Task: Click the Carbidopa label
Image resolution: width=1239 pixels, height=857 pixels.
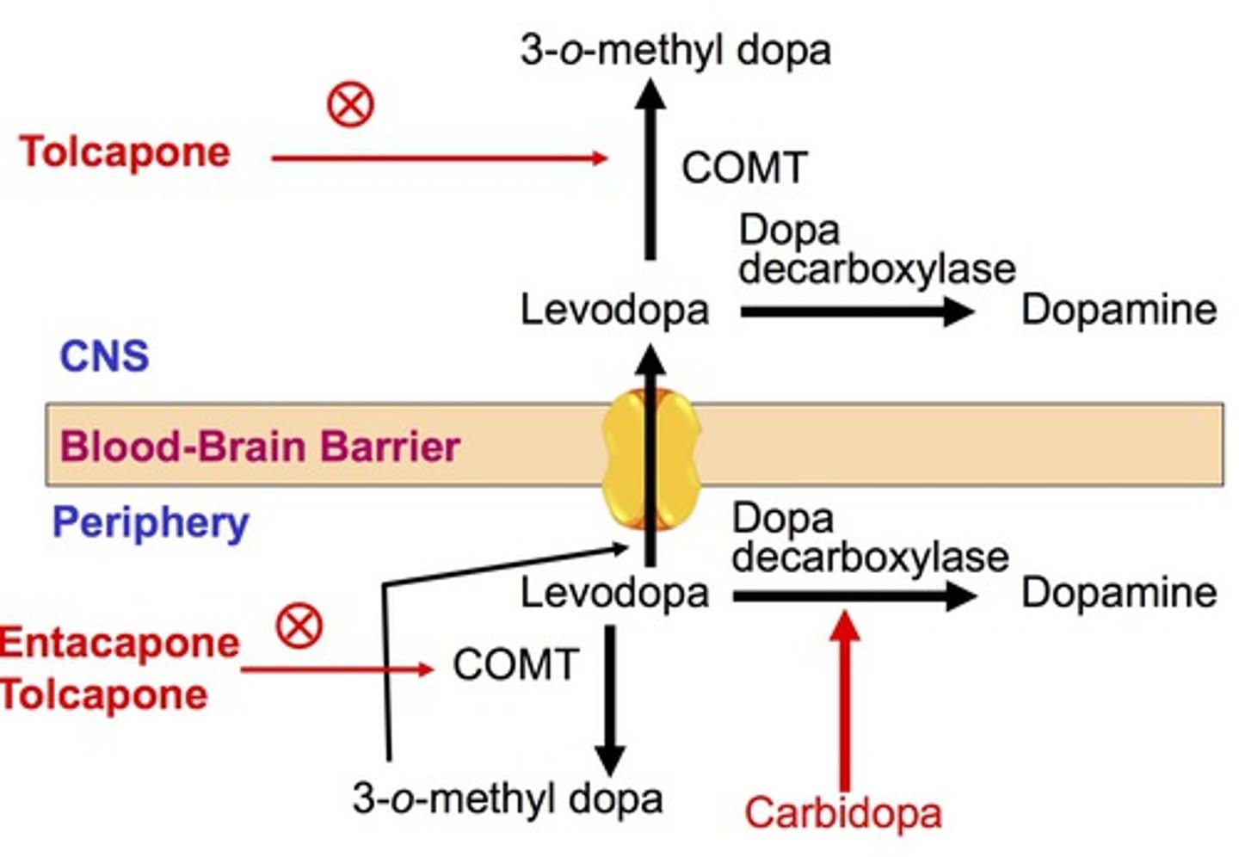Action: [842, 813]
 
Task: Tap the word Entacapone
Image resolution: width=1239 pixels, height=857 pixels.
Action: [119, 643]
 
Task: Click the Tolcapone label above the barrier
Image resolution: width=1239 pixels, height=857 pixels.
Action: [126, 152]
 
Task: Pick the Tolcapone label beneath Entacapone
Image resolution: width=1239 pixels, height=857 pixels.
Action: [103, 694]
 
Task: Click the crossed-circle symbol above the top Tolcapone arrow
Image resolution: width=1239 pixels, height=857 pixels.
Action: [350, 105]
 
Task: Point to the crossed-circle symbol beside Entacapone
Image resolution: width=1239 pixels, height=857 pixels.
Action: [299, 626]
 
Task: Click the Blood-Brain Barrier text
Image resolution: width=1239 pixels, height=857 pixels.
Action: [260, 447]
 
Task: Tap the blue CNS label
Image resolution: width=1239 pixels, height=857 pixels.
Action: [104, 355]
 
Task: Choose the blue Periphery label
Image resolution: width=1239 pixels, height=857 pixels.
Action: [151, 522]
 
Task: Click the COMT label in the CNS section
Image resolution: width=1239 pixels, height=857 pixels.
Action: [744, 167]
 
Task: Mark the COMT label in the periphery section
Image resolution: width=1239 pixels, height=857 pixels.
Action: [515, 664]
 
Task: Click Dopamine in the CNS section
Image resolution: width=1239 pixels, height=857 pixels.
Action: [1119, 309]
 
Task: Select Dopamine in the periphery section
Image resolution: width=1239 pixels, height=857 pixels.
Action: [1119, 593]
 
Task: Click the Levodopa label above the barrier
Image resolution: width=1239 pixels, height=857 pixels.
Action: [614, 309]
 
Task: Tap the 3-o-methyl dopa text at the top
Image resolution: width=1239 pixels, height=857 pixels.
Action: [675, 50]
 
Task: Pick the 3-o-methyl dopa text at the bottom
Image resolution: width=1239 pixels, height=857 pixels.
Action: [508, 798]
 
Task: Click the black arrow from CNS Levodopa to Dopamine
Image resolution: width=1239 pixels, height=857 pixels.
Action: [856, 311]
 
